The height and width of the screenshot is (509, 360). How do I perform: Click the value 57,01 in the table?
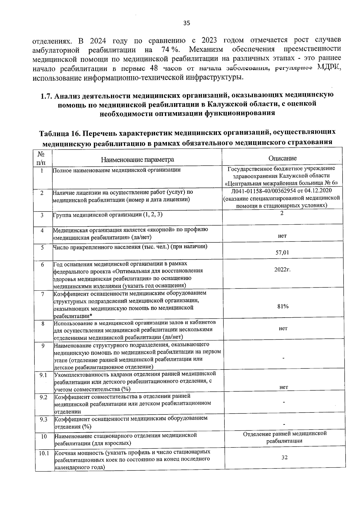coord(282,253)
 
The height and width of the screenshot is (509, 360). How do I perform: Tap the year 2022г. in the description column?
coord(282,269)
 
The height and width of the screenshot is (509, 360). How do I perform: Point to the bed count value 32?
coord(284,457)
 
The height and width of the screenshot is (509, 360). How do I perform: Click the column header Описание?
coord(282,158)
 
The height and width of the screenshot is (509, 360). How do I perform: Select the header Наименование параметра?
coord(137,159)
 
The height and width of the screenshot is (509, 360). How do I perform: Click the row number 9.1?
coord(43,375)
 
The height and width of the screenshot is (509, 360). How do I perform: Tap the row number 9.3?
coord(43,419)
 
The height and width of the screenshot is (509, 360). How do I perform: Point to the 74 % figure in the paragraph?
coord(168,49)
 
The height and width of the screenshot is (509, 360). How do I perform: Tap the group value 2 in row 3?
coord(282,213)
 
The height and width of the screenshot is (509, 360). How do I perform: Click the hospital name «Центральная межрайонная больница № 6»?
coord(282,183)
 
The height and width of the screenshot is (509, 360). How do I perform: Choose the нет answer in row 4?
coord(282,236)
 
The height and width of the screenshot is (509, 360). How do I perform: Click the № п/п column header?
coord(41,158)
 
